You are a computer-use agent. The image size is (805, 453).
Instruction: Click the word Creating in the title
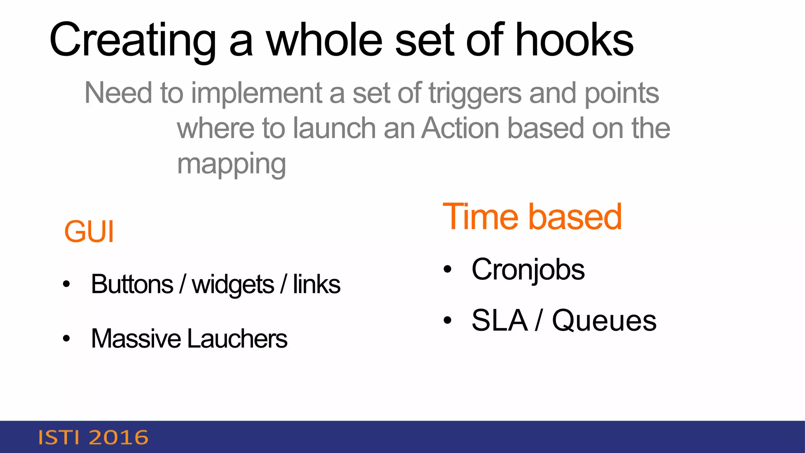(133, 40)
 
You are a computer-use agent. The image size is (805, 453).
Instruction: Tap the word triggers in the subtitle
(474, 94)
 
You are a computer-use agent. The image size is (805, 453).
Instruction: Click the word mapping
(231, 164)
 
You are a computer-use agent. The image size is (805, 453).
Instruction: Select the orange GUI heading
(89, 232)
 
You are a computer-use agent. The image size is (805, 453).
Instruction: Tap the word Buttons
(132, 284)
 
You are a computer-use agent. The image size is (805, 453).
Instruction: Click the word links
(316, 284)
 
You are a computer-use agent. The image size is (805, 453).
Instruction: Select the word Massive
(136, 339)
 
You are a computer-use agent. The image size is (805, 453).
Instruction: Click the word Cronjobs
(528, 270)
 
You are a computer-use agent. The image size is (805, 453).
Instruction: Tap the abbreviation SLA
(499, 320)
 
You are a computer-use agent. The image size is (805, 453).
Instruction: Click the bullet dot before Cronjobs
(447, 269)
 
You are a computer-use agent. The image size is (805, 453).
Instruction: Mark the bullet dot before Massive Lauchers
(66, 338)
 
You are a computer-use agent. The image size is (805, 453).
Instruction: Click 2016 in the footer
(119, 438)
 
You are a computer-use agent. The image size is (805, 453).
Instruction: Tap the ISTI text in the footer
(59, 438)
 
